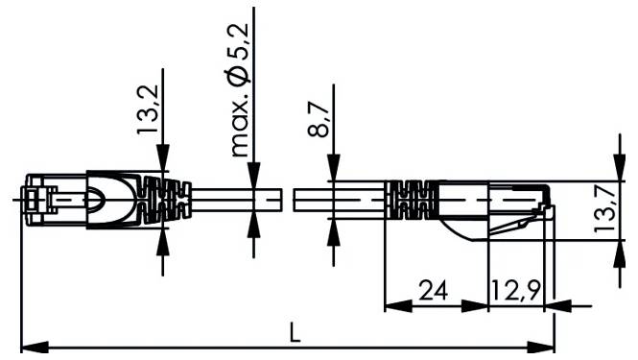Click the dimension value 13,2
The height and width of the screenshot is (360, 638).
(147, 113)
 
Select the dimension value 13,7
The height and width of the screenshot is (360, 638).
(605, 209)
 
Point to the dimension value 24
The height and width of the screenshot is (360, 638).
(434, 290)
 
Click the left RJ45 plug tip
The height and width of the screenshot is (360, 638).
(35, 201)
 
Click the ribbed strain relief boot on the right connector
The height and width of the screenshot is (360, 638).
(411, 201)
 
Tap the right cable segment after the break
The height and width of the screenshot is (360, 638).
(336, 201)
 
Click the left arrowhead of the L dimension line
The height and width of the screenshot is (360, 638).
(29, 348)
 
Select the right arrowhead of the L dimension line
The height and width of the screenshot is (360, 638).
(547, 348)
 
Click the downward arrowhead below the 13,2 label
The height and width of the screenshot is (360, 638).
(162, 164)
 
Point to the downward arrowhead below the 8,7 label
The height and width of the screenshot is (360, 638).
(331, 172)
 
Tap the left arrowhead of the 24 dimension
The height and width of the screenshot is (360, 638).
(393, 307)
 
